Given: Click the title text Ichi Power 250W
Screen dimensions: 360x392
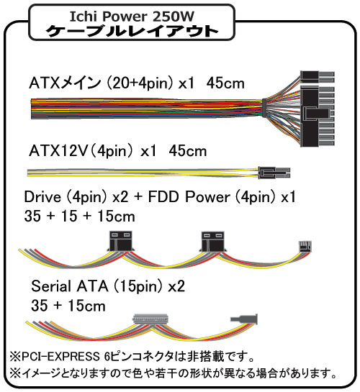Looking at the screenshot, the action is (x=132, y=17).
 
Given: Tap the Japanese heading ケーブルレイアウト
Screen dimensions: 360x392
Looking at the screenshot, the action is (x=132, y=31).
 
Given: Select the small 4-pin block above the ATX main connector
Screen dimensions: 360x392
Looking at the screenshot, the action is (x=318, y=77).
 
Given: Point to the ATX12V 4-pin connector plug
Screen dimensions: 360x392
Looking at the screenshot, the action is (x=274, y=173).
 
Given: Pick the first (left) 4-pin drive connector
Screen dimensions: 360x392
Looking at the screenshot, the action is (x=121, y=241).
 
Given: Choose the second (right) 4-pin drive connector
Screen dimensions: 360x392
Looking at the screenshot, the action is (x=213, y=241).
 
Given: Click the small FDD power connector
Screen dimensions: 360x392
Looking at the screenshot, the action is (x=305, y=247).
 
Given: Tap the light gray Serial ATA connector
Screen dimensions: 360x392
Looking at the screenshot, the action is (x=151, y=319).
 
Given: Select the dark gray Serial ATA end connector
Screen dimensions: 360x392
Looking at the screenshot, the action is (x=244, y=319).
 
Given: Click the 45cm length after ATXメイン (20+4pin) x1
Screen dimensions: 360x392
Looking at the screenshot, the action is (x=225, y=83).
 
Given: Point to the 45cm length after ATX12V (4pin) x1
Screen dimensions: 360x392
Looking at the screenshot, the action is (x=188, y=151).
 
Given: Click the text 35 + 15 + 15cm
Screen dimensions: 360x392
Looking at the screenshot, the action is (x=79, y=216).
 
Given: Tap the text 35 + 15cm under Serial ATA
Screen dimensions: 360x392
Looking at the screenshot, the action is (x=68, y=306).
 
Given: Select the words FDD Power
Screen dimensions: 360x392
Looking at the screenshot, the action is (x=189, y=197).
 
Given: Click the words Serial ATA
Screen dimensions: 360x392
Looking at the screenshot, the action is (x=70, y=286).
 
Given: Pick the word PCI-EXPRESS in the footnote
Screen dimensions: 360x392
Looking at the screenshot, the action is (x=60, y=357).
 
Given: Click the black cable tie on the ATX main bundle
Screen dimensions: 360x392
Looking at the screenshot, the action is (x=264, y=108).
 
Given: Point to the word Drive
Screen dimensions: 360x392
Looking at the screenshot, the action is (x=42, y=197).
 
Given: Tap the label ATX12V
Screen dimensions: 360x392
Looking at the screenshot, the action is (x=58, y=151).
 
